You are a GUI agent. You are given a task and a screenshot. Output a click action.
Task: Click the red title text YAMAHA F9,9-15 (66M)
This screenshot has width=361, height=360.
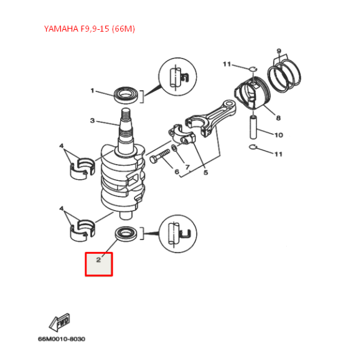pyautogui.click(x=89, y=29)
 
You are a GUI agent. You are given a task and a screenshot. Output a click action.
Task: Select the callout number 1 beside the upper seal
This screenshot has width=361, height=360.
pyautogui.click(x=92, y=91)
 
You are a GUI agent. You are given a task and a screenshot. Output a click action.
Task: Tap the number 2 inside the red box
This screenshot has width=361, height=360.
pyautogui.click(x=98, y=260)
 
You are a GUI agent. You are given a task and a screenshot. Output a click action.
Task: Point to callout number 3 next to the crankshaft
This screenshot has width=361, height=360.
pyautogui.click(x=91, y=121)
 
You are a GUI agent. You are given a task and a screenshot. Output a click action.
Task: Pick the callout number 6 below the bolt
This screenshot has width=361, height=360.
pyautogui.click(x=177, y=172)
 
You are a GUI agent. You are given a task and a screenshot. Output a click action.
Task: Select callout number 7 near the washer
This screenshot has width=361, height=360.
pyautogui.click(x=187, y=167)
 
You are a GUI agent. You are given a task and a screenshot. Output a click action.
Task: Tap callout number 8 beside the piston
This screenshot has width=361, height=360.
pyautogui.click(x=278, y=117)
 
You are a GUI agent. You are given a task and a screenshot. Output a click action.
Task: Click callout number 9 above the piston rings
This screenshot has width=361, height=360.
pyautogui.click(x=279, y=51)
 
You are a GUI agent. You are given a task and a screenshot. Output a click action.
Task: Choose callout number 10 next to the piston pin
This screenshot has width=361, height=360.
pyautogui.click(x=278, y=134)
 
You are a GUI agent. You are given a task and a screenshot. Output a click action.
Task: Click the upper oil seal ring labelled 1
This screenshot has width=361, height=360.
pyautogui.click(x=127, y=95)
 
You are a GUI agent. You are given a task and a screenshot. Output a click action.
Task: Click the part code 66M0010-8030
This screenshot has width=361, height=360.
pyautogui.click(x=61, y=339)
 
